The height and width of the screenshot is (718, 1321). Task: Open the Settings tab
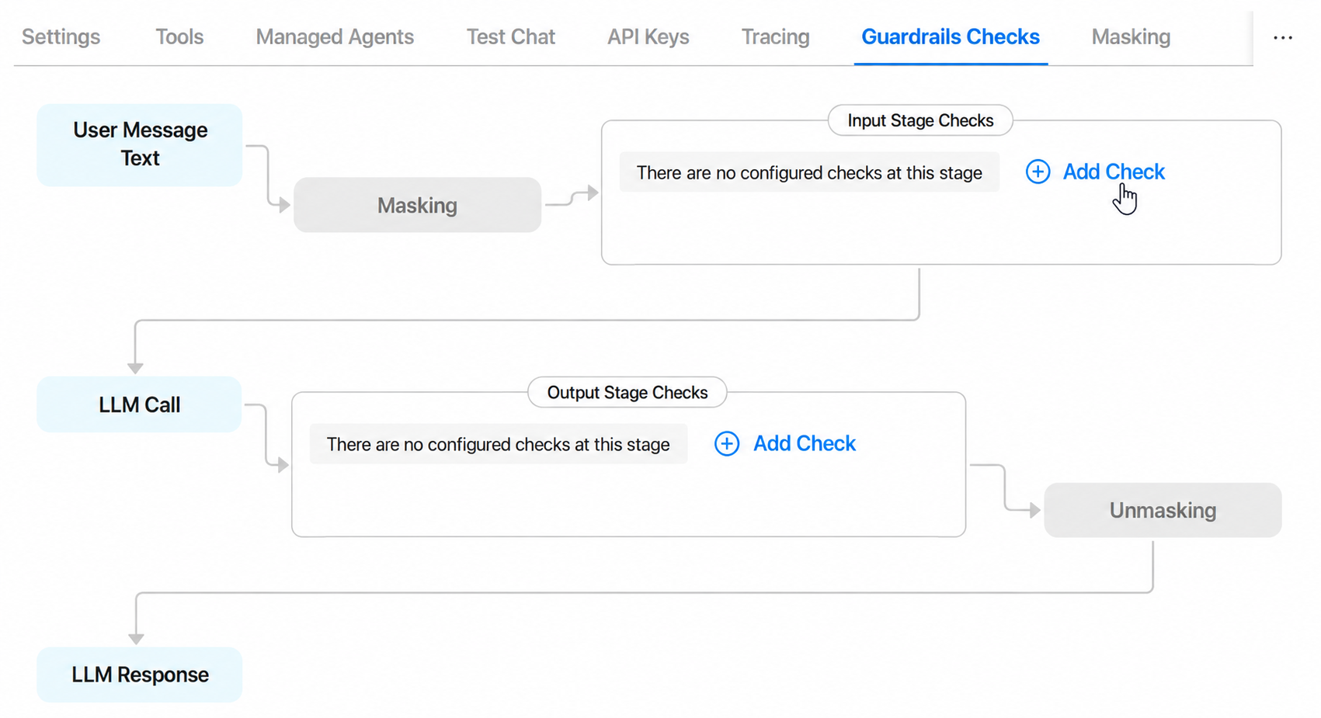pyautogui.click(x=61, y=36)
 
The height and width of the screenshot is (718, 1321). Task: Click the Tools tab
pyautogui.click(x=179, y=36)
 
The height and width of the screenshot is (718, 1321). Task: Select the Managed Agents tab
pyautogui.click(x=335, y=36)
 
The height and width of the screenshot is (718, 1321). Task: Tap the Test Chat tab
pyautogui.click(x=511, y=36)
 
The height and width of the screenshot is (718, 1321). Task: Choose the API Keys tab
pyautogui.click(x=648, y=36)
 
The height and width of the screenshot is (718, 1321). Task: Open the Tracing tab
pyautogui.click(x=776, y=36)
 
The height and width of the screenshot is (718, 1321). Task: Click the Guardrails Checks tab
pyautogui.click(x=951, y=36)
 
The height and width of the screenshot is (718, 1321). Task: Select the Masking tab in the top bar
pyautogui.click(x=1131, y=36)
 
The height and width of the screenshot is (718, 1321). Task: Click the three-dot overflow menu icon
pyautogui.click(x=1283, y=38)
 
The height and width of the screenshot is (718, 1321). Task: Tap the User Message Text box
pyautogui.click(x=140, y=145)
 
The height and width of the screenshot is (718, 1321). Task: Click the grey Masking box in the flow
pyautogui.click(x=418, y=205)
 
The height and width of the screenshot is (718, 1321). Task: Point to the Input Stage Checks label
pyautogui.click(x=920, y=120)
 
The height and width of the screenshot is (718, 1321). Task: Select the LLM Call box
pyautogui.click(x=139, y=404)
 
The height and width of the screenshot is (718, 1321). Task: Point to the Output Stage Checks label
pyautogui.click(x=627, y=392)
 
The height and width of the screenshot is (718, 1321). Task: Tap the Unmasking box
pyautogui.click(x=1163, y=510)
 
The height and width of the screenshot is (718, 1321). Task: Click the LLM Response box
pyautogui.click(x=140, y=675)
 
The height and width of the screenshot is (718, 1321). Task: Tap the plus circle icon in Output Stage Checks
pyautogui.click(x=727, y=444)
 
